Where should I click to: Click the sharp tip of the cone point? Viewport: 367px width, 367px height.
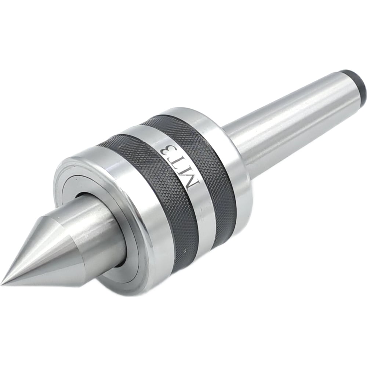pyautogui.click(x=1, y=283)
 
